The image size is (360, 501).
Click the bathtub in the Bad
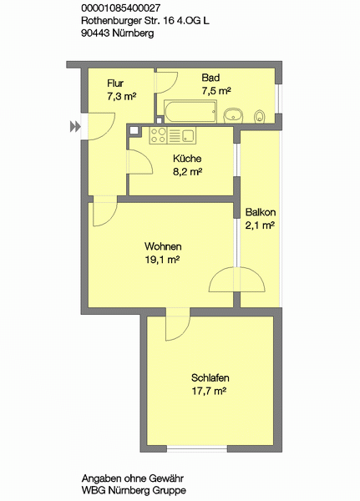(x=190, y=111)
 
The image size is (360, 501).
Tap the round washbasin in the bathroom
(x=234, y=116)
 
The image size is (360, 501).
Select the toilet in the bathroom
(x=260, y=117)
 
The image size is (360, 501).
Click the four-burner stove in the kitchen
(x=158, y=135)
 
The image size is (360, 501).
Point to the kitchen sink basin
(x=189, y=135)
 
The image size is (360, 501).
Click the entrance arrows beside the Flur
(x=75, y=127)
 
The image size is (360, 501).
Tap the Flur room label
(x=115, y=83)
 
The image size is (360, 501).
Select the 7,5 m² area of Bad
(x=216, y=91)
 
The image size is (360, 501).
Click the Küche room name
(x=187, y=159)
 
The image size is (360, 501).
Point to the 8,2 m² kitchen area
(x=187, y=172)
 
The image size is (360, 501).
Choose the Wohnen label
(x=163, y=246)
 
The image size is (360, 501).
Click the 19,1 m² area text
(x=162, y=260)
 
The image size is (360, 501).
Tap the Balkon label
(x=261, y=212)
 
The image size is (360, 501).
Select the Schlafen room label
(x=210, y=378)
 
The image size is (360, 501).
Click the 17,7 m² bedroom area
(x=209, y=391)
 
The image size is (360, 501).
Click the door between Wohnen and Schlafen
(x=178, y=324)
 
